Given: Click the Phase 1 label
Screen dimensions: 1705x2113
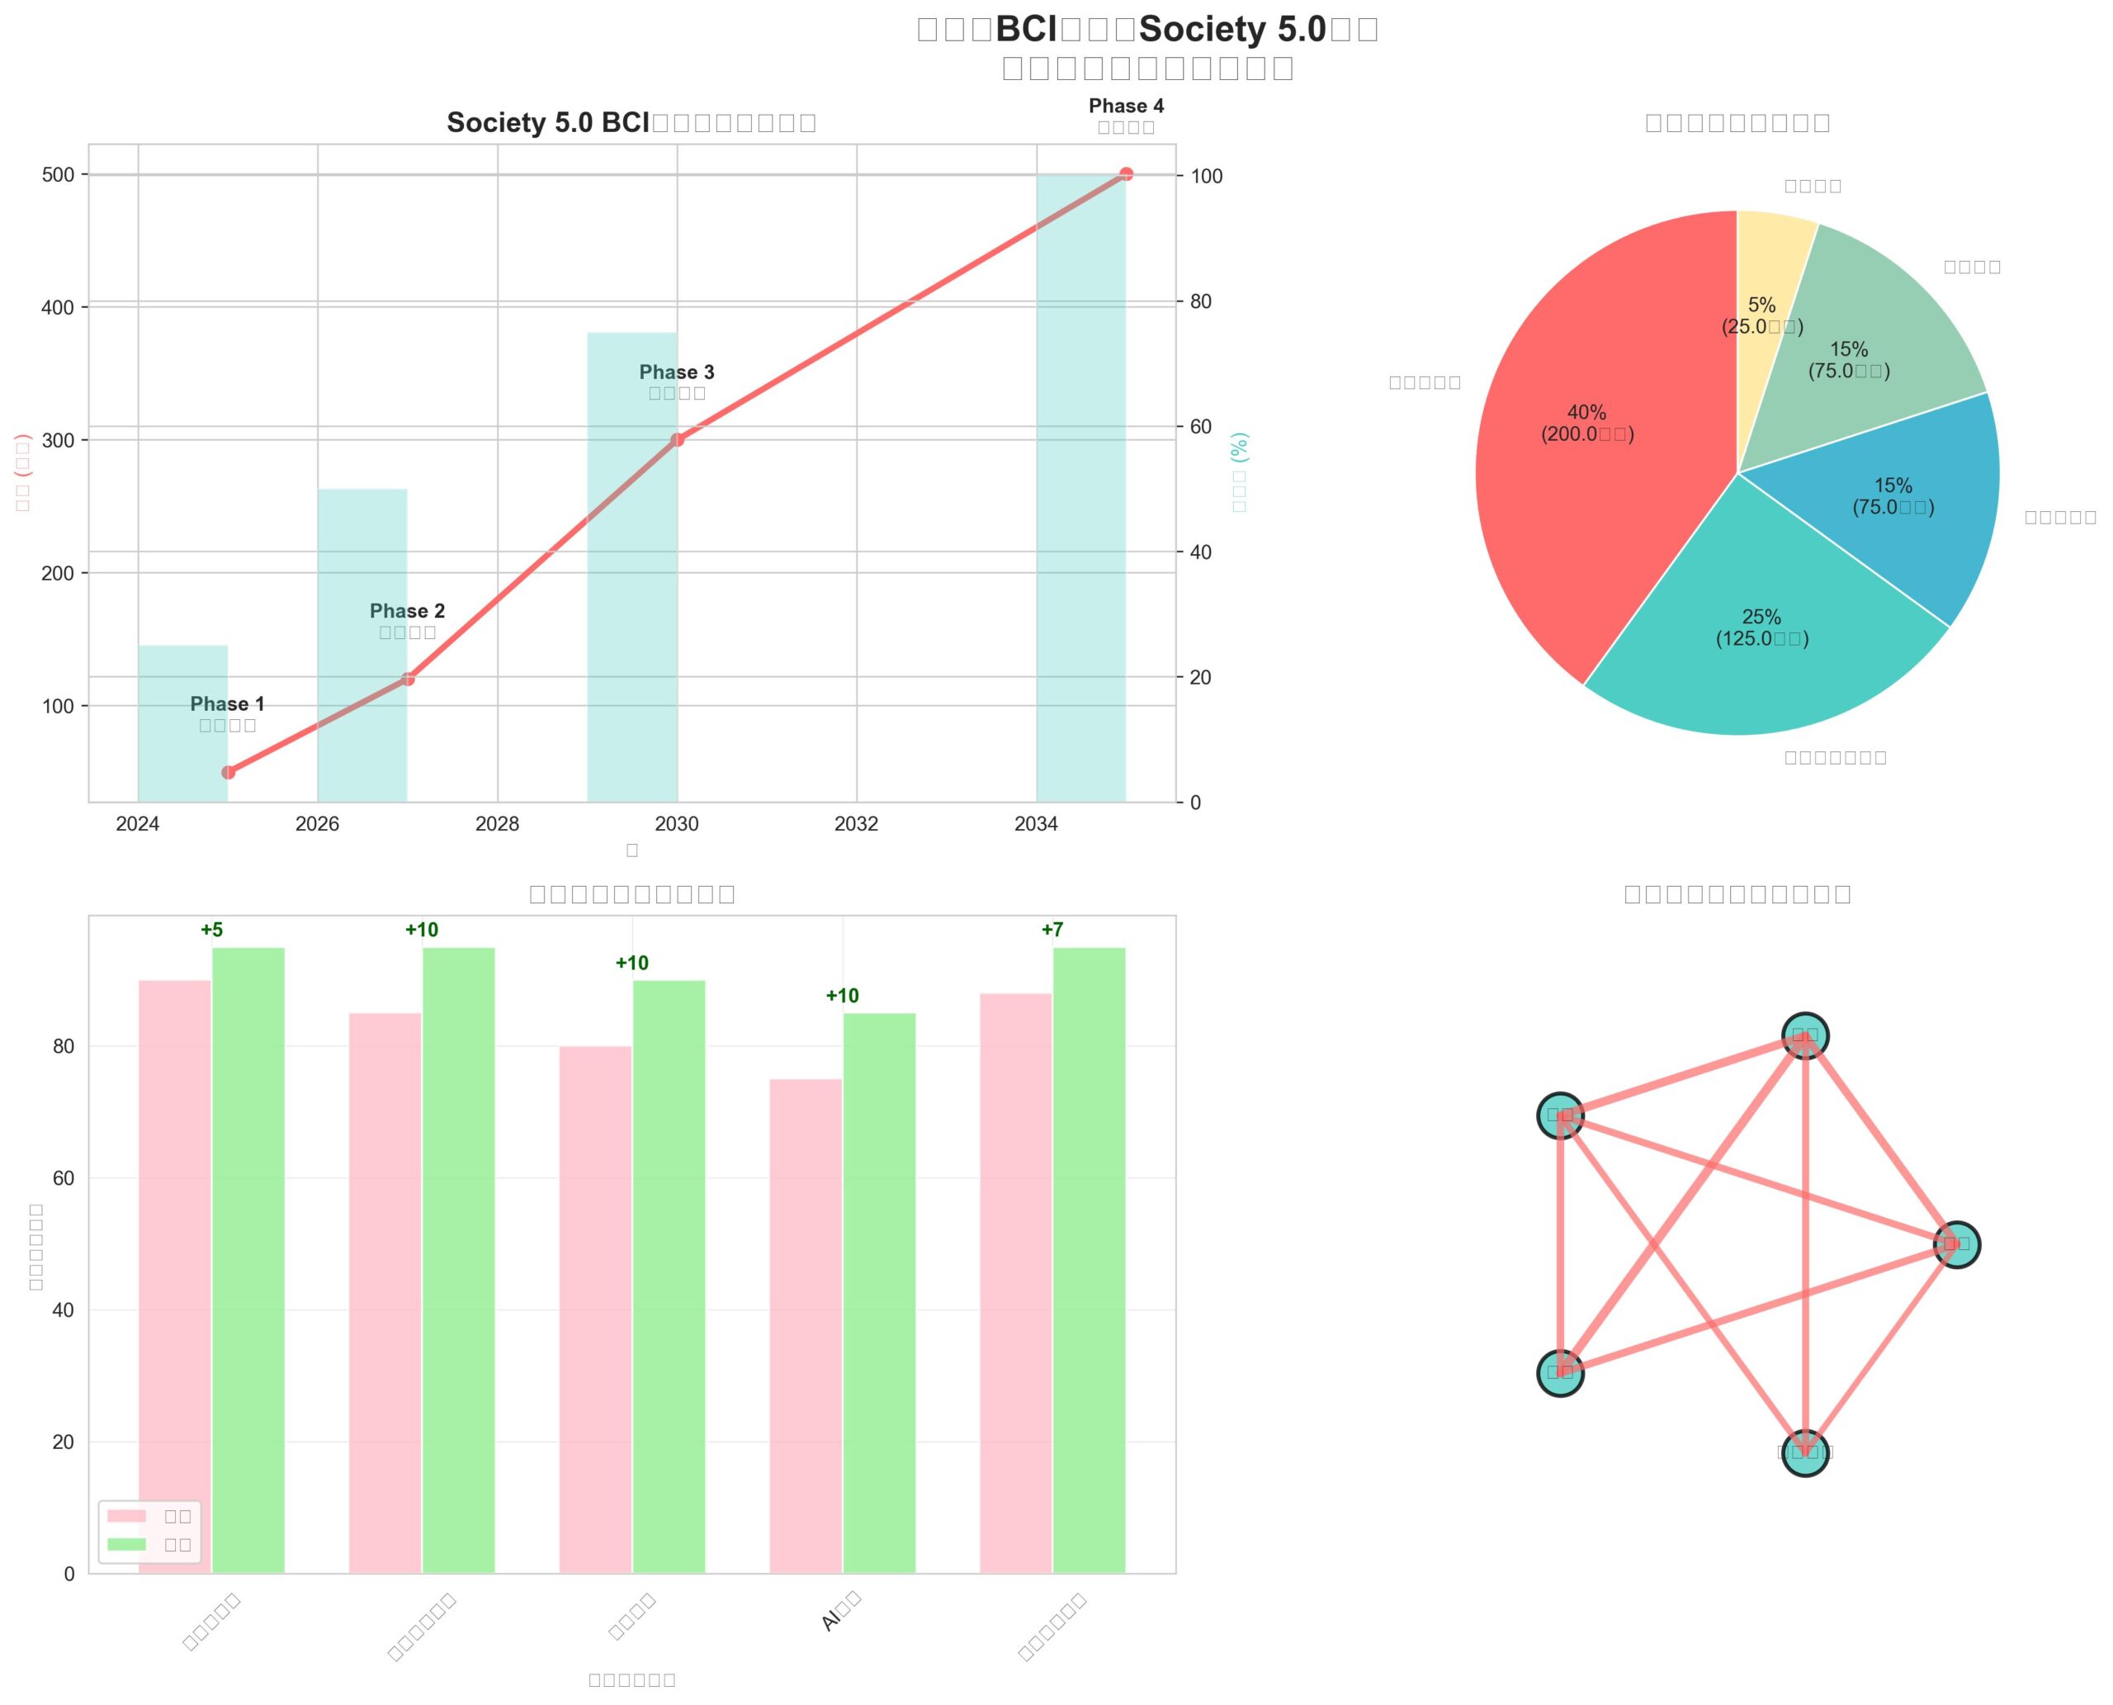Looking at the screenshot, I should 227,704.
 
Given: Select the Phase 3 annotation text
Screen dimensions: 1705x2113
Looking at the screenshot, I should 677,372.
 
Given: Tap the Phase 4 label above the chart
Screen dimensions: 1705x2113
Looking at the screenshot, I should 1125,106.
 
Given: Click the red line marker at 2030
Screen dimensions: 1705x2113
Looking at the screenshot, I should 677,439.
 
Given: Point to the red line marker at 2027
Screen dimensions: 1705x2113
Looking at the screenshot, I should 408,679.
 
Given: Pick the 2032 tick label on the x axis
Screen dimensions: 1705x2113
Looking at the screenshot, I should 856,824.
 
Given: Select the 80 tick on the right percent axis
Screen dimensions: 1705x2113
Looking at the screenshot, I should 1201,301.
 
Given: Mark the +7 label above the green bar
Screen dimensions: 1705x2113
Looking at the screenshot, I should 1052,929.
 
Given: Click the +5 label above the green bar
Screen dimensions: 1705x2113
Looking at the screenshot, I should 211,929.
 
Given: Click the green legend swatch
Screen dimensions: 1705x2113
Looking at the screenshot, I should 126,1544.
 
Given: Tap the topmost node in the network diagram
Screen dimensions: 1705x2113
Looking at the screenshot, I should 1804,1035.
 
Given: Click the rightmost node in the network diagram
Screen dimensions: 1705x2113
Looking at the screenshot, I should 1956,1244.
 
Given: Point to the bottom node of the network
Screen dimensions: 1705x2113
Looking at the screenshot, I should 1804,1452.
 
